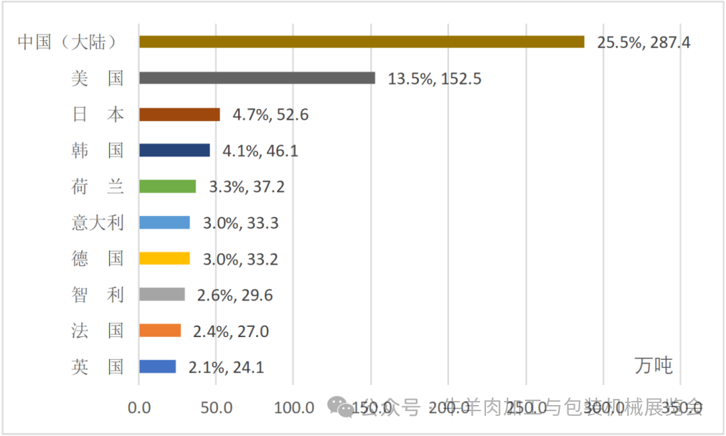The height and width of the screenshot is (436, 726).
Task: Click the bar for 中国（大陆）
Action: (362, 42)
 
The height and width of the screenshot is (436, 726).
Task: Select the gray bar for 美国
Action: (257, 78)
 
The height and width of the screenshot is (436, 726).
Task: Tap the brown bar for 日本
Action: (179, 114)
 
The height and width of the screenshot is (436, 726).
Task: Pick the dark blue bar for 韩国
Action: (174, 150)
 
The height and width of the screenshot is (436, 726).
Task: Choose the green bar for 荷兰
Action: (167, 186)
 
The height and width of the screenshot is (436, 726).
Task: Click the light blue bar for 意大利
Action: (165, 222)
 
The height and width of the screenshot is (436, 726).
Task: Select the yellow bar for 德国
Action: (165, 258)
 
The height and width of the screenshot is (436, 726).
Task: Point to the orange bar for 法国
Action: (160, 330)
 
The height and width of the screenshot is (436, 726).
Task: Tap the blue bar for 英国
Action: (157, 367)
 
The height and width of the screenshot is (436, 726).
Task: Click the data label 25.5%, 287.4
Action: (644, 42)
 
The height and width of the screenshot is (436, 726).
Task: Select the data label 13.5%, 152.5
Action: (434, 79)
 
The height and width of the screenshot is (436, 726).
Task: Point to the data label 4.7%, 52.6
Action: (270, 115)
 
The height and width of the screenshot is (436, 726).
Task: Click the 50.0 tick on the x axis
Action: (217, 408)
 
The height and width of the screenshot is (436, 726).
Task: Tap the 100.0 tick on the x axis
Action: (294, 408)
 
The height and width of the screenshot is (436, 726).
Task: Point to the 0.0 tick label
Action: (140, 408)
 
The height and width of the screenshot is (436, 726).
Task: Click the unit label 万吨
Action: (653, 365)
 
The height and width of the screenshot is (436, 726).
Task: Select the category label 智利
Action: (97, 294)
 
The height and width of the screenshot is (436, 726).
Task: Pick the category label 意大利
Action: (97, 222)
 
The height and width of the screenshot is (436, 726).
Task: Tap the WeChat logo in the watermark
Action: (341, 405)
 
